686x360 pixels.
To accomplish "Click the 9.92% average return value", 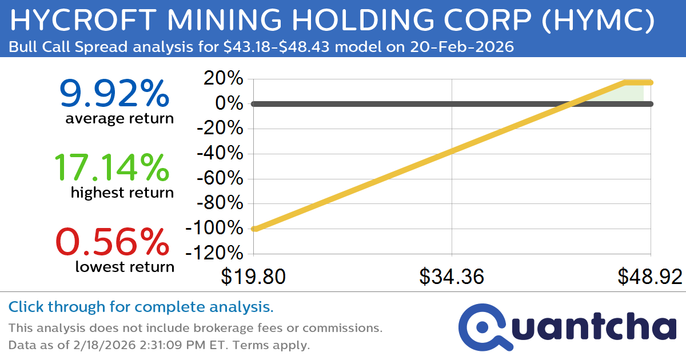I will (114, 94).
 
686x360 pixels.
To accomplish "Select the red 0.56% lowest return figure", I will (114, 242).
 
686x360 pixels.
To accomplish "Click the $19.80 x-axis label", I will (253, 277).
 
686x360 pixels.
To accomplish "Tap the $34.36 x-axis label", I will (452, 277).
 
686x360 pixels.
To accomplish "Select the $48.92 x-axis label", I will (649, 277).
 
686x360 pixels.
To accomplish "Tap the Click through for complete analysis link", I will (141, 307).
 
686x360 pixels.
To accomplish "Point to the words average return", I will (119, 119).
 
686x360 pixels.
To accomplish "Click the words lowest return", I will (124, 267).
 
